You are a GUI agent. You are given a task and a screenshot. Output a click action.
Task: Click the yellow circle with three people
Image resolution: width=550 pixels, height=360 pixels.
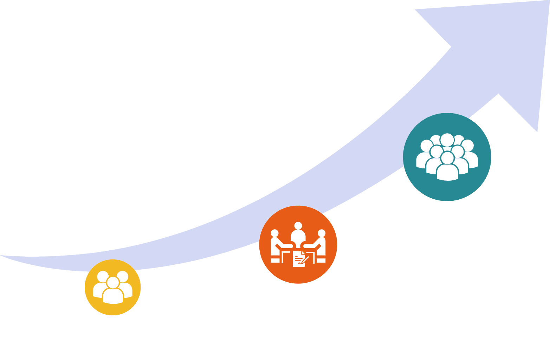[x=113, y=287]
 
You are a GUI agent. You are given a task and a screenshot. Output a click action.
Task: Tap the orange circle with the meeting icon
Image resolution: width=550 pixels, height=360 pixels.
[x=298, y=245]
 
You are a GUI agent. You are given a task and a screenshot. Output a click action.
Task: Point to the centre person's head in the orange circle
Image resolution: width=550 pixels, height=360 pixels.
[x=298, y=226]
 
